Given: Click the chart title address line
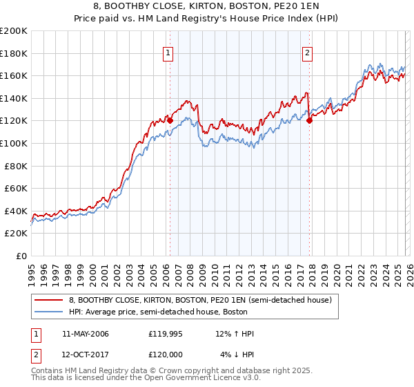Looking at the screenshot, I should tap(207, 6).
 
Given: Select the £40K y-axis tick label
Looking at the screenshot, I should tap(16, 211).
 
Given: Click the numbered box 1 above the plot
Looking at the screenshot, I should tap(169, 50).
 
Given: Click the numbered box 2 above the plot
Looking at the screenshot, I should tap(307, 50).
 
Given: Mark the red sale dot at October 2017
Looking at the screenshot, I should tap(309, 120).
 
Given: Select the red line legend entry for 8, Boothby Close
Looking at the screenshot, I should tap(200, 301).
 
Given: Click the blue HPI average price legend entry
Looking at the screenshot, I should tap(179, 312).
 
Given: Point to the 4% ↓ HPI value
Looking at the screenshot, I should tap(237, 354).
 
